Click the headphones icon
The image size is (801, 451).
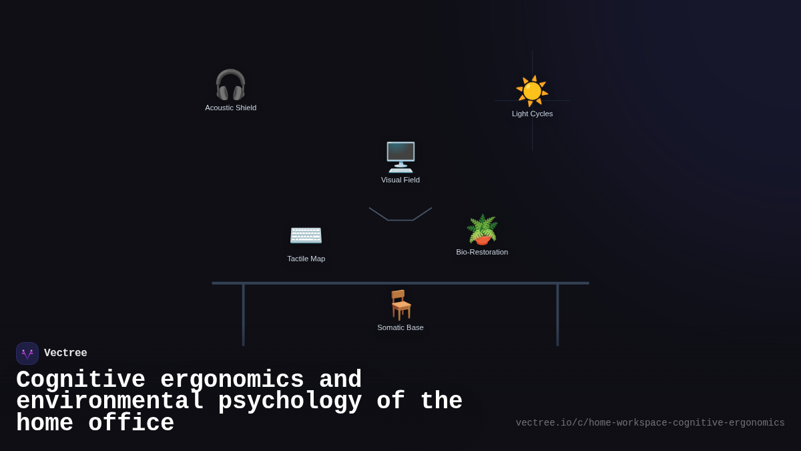coord(230,85)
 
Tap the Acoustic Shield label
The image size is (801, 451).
coord(230,108)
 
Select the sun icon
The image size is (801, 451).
coord(532,91)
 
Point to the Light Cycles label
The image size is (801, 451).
coord(532,114)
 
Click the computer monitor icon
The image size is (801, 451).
coord(400,157)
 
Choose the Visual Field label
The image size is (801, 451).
coord(400,180)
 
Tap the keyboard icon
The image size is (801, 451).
coord(306,235)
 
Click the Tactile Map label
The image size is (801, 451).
coord(306,259)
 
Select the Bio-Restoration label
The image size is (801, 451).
coord(482,252)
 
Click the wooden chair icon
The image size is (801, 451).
coord(400,305)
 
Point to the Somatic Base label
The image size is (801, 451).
coord(400,327)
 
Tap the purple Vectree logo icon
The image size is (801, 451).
coord(27,353)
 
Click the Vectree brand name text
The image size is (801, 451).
coord(65,353)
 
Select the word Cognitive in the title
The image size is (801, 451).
coord(81,380)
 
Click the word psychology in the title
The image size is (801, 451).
coord(290,402)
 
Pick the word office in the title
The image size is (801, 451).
coord(131,424)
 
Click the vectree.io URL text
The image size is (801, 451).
coord(650,423)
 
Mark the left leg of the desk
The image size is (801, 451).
coord(243,315)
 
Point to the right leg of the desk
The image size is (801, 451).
coord(557,315)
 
